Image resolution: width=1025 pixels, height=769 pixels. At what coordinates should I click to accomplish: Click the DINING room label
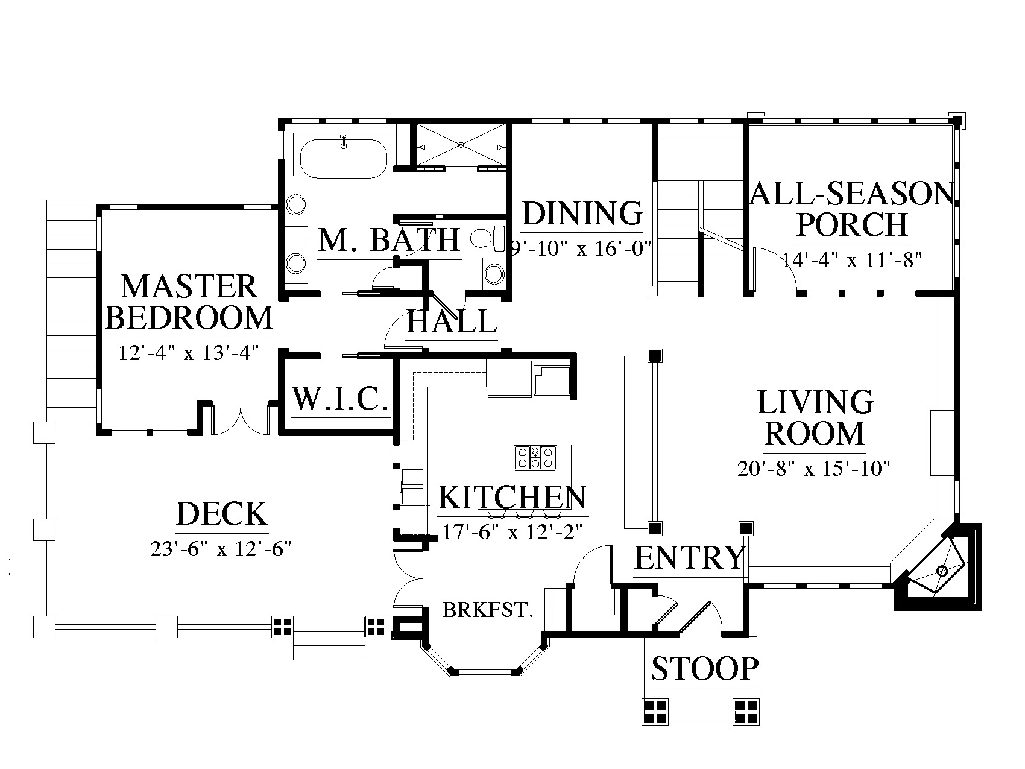pos(582,213)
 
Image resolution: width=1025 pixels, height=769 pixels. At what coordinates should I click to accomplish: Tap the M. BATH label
pos(389,239)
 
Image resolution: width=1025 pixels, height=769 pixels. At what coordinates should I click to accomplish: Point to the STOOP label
pos(704,668)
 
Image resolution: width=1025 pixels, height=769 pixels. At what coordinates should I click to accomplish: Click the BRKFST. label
pos(488,610)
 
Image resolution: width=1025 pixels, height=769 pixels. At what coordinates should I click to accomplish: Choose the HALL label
pos(452,321)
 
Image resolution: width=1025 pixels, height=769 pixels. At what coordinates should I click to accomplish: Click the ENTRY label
pos(689,557)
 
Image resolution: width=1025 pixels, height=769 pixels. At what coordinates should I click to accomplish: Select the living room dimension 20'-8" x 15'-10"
pos(814,468)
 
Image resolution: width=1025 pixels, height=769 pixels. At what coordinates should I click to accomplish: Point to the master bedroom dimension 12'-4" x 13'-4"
pos(189,352)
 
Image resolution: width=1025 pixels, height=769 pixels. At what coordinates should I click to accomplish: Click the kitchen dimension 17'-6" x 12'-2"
pos(514,532)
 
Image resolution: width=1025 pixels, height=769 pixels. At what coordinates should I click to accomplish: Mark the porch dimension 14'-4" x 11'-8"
pos(853,261)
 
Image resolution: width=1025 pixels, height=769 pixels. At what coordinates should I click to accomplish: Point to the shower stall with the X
pos(461,145)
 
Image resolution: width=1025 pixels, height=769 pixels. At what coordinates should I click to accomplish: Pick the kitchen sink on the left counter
pos(412,486)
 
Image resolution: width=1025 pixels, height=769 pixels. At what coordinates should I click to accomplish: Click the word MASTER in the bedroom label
pos(189,286)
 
